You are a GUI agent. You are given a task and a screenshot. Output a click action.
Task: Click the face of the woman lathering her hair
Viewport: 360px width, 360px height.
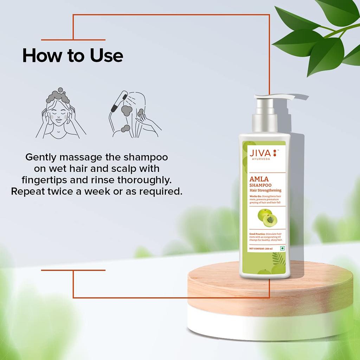[x=58, y=116]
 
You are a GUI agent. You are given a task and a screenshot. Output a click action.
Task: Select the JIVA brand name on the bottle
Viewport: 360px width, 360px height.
[x=260, y=153]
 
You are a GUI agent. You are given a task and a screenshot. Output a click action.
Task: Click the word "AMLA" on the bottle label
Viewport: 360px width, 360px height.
[x=259, y=180]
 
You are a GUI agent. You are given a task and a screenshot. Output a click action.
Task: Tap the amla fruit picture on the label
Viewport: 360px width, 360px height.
[x=266, y=218]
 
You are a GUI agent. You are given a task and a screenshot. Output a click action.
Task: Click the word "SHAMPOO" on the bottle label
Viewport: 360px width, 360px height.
[x=260, y=186]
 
